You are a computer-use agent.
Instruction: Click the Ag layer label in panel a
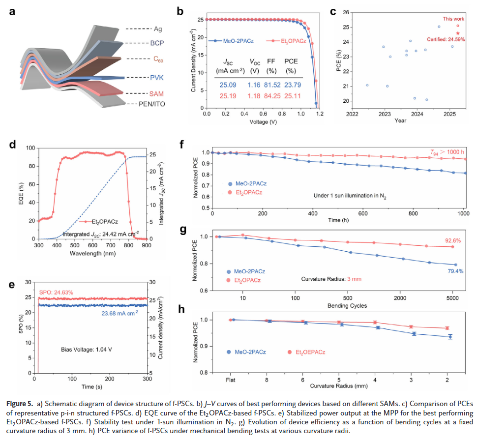pyautogui.click(x=158, y=29)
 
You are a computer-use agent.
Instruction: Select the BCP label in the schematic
pyautogui.click(x=157, y=44)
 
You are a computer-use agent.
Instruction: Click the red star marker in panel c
pyautogui.click(x=458, y=33)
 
